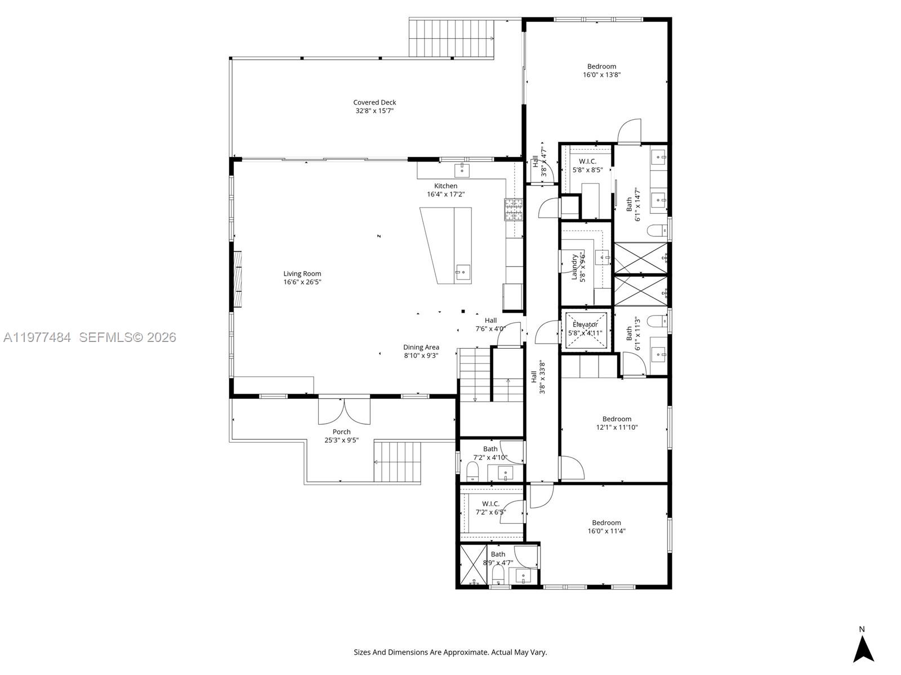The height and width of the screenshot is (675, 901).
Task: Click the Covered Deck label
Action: click(374, 102)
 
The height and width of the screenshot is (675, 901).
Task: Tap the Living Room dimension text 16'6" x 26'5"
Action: click(302, 282)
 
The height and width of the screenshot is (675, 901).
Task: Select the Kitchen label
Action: click(445, 186)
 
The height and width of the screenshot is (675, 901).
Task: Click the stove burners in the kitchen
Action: click(513, 209)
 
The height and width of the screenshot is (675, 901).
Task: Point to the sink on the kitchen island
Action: click(462, 273)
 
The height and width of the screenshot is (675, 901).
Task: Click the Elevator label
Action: click(585, 325)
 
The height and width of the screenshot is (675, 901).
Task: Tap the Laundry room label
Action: click(575, 266)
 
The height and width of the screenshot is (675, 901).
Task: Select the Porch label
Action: click(341, 432)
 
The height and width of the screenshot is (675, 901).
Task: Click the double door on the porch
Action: click(344, 411)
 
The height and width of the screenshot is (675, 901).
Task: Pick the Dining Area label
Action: click(421, 347)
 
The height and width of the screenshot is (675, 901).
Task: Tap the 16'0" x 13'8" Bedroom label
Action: click(601, 66)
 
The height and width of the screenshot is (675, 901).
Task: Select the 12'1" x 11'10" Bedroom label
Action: click(617, 419)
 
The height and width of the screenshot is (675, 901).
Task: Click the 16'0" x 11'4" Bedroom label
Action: click(606, 523)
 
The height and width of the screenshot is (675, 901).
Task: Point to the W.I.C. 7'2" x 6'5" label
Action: click(490, 504)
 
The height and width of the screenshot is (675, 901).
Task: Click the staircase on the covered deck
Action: click(451, 38)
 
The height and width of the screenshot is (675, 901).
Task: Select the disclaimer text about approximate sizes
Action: click(450, 652)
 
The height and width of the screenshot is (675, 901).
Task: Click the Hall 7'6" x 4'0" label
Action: click(490, 321)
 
